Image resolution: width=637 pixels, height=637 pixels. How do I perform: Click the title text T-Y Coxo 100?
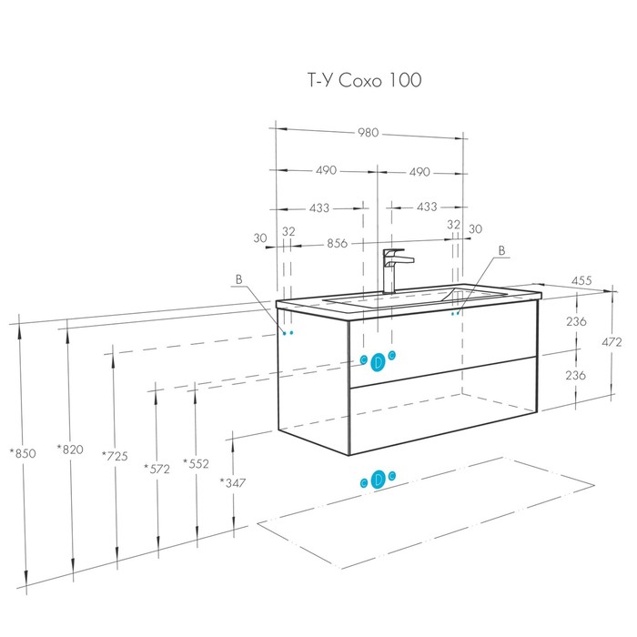(x=364, y=80)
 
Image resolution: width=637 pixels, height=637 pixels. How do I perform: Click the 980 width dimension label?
(x=368, y=133)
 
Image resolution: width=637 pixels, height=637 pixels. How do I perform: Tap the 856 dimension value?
(x=338, y=243)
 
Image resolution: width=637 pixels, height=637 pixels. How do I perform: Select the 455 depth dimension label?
(x=581, y=280)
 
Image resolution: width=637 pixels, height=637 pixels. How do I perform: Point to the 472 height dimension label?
(x=612, y=342)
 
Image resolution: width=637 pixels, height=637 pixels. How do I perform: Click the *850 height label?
(x=23, y=453)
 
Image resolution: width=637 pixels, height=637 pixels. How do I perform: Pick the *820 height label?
(x=70, y=450)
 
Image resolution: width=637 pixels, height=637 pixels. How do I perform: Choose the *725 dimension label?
(x=115, y=456)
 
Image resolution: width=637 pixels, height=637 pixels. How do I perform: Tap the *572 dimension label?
(x=157, y=469)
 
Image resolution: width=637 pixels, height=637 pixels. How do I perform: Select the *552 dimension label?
(x=196, y=463)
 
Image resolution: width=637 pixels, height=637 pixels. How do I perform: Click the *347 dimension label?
(x=233, y=482)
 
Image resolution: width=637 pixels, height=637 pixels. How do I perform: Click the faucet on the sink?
(x=395, y=271)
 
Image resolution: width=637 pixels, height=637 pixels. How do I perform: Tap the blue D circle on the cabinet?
(x=379, y=361)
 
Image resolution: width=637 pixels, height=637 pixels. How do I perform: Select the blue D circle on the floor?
(x=379, y=480)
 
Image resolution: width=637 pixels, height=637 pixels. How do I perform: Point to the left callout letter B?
(x=238, y=279)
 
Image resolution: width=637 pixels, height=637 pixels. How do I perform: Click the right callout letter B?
(x=501, y=250)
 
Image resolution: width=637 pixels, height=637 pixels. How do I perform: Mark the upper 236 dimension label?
(x=576, y=321)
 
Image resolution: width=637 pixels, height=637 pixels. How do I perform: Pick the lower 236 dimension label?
(x=575, y=375)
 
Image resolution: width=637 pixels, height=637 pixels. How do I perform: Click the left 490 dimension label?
(x=326, y=170)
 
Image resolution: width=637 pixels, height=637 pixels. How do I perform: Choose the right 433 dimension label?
(x=427, y=207)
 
